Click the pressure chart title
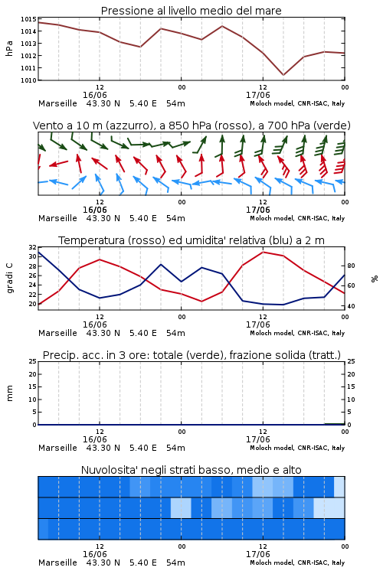[191, 11]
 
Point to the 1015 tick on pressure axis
[28, 19]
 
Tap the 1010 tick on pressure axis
[28, 80]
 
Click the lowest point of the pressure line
[283, 75]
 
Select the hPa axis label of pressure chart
[9, 48]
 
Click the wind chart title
[191, 126]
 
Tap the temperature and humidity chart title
[191, 240]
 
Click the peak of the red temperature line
[263, 252]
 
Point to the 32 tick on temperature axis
[33, 247]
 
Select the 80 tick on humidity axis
[351, 266]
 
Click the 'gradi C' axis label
[9, 279]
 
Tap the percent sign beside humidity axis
[375, 279]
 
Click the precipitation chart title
[191, 355]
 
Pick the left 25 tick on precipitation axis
[33, 361]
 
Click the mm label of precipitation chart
[9, 393]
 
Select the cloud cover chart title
[191, 470]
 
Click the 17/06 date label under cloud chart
[258, 554]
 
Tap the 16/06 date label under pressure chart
[95, 95]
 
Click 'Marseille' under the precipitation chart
[58, 448]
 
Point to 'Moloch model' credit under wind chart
[272, 218]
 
